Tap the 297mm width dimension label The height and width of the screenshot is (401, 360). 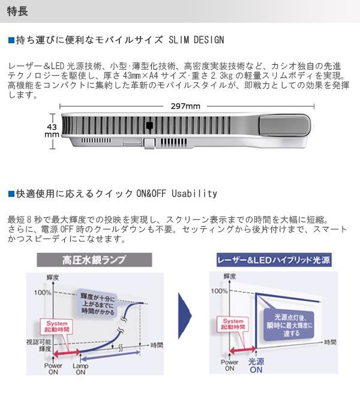[x=186, y=106]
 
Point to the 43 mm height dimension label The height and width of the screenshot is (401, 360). [x=52, y=131]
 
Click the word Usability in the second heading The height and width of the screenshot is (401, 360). [x=194, y=194]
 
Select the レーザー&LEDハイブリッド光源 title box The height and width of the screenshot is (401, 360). [x=273, y=260]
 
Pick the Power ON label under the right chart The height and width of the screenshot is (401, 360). [x=229, y=366]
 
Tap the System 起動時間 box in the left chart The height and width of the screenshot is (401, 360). [x=55, y=327]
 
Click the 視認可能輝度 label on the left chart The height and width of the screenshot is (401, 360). [x=40, y=345]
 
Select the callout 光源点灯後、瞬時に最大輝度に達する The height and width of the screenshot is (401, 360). [x=288, y=324]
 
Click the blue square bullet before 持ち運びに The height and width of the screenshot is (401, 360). [x=11, y=40]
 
